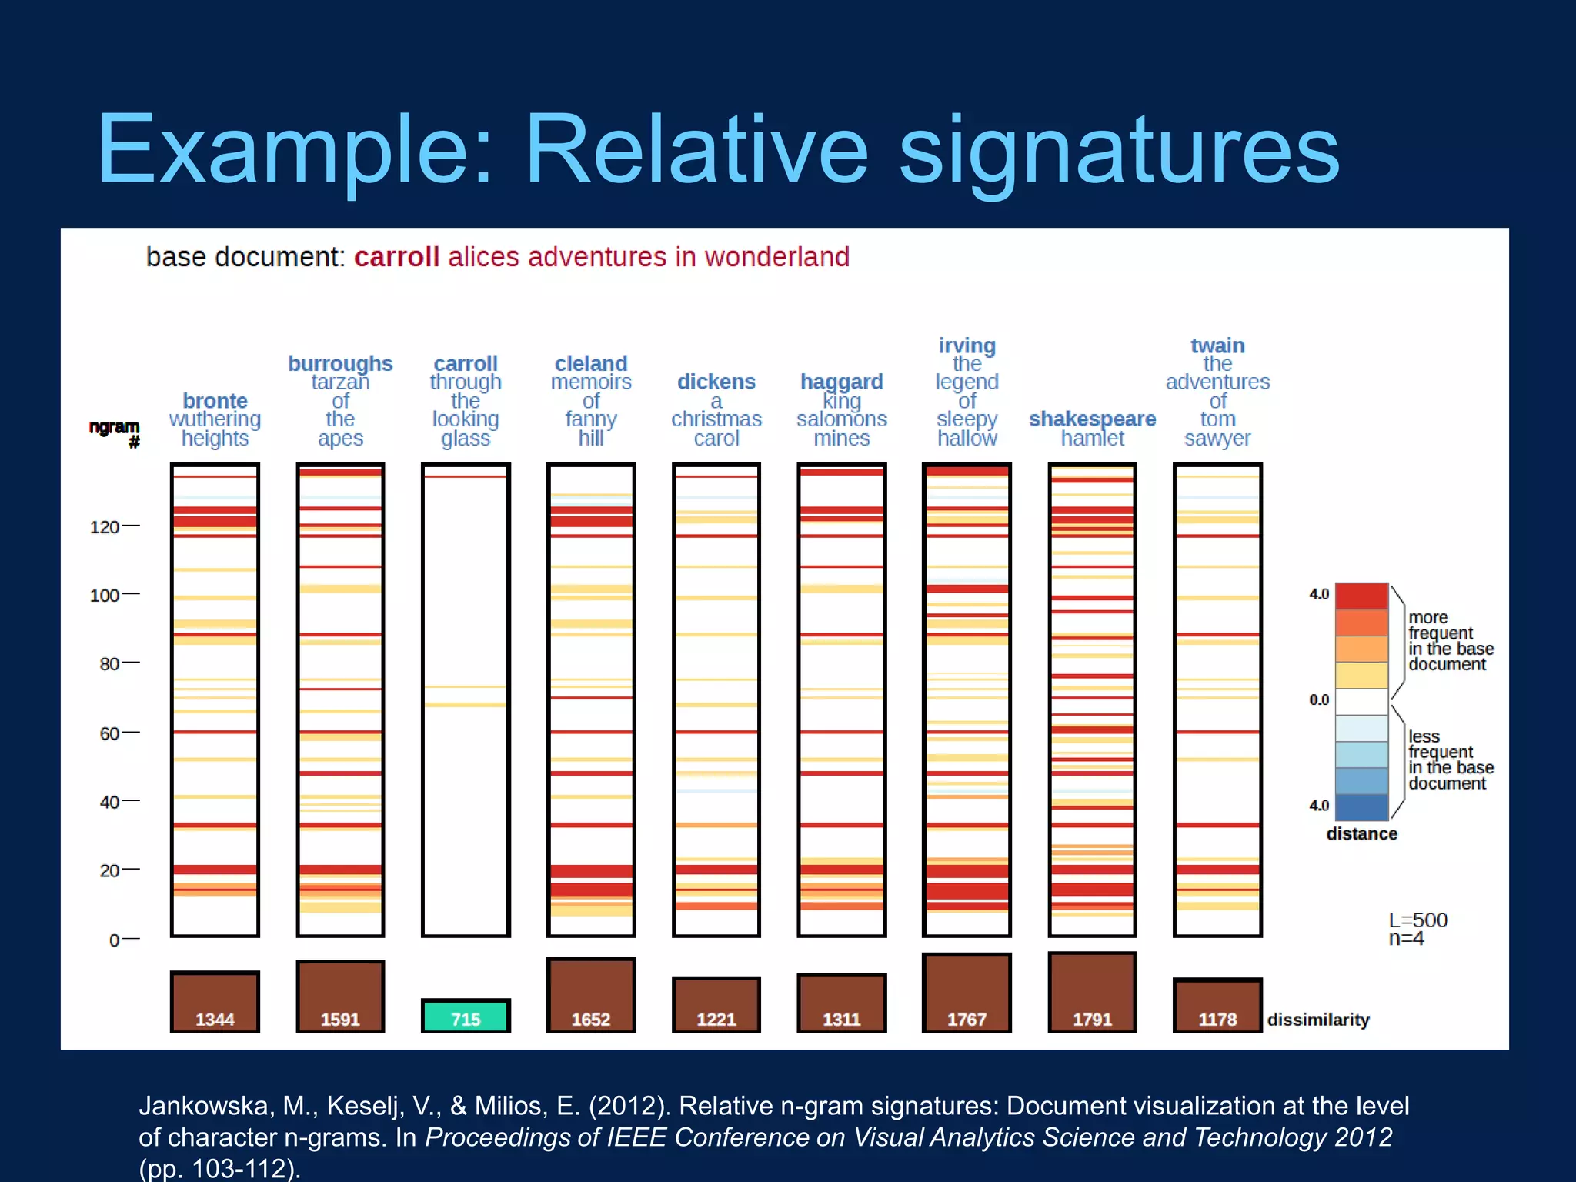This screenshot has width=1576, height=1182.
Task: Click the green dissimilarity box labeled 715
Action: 466,1016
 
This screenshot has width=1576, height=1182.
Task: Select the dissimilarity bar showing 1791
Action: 1092,993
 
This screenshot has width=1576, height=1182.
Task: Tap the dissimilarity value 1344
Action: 215,1020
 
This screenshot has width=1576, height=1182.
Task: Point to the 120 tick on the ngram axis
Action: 105,527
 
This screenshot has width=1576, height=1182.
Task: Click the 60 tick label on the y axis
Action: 109,733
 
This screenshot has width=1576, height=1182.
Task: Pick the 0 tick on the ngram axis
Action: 114,940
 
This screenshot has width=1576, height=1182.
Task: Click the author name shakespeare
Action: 1092,419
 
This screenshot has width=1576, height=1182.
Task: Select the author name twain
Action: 1217,346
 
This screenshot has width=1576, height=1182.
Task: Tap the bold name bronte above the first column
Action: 215,401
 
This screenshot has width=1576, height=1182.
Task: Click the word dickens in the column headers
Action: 716,382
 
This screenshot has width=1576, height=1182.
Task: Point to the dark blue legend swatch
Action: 1361,807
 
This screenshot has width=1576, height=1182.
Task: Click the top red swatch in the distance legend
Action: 1361,596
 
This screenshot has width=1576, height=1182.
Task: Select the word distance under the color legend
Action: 1361,833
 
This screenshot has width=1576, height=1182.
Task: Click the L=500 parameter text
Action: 1417,920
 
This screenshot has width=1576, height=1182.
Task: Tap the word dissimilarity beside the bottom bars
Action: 1318,1020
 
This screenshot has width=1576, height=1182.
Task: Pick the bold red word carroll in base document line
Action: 396,257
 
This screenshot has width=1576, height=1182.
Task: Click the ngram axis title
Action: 115,433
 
